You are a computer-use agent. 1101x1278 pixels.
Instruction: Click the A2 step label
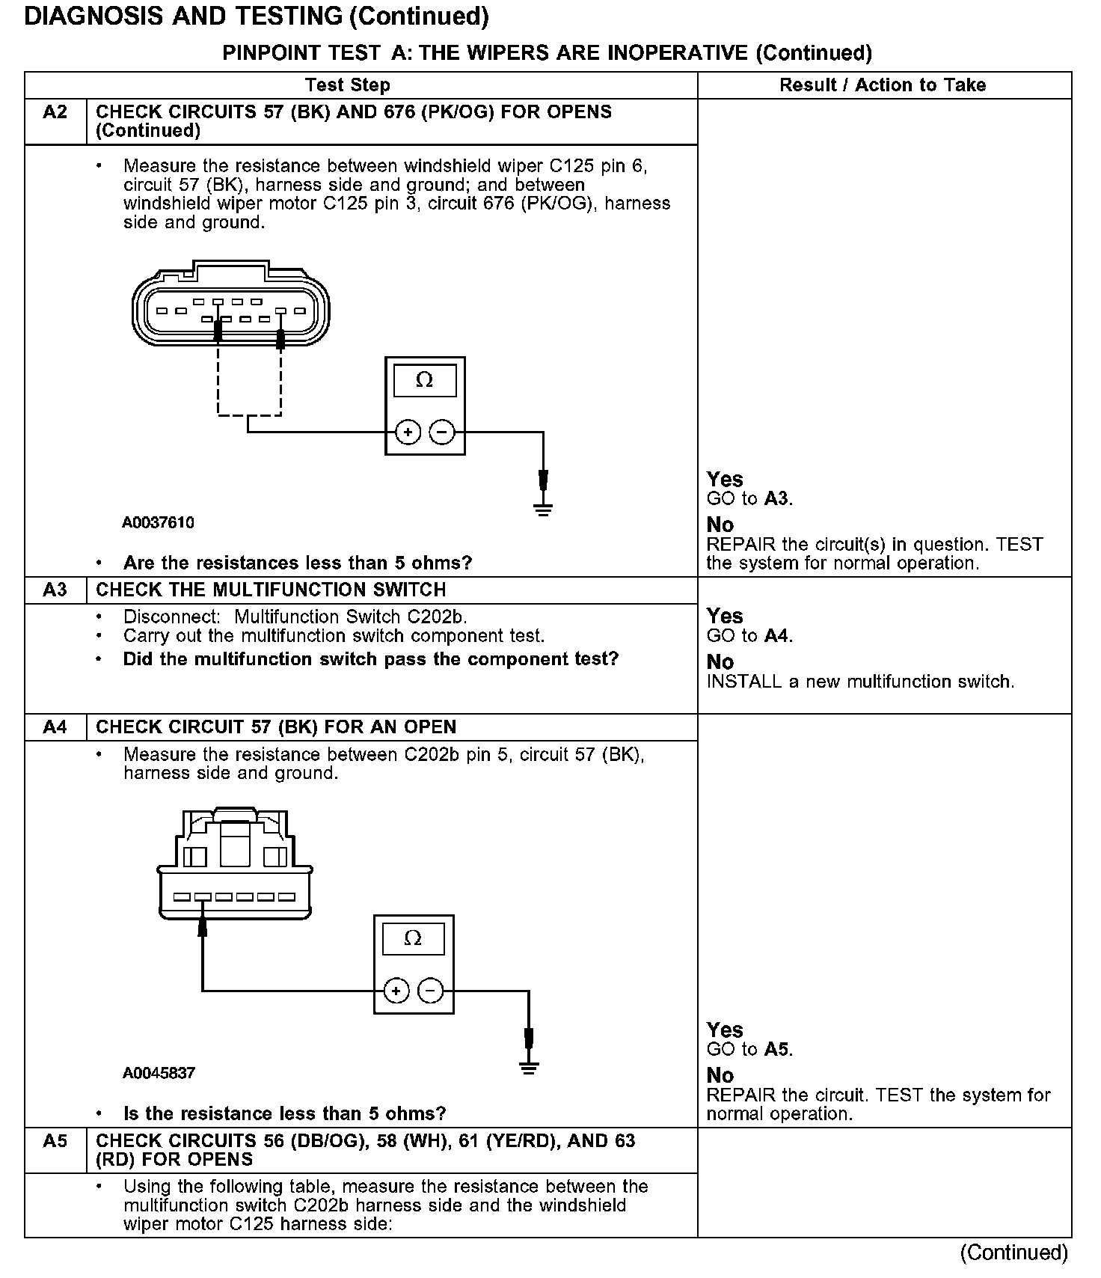(x=55, y=112)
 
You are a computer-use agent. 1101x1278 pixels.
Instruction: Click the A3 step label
(x=55, y=590)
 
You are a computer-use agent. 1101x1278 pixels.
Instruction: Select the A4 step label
(x=55, y=727)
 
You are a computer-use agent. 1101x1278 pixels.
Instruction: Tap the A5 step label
(x=55, y=1140)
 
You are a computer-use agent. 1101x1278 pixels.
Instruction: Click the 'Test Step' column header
(x=348, y=85)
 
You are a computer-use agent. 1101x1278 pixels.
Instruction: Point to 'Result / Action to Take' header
(x=883, y=85)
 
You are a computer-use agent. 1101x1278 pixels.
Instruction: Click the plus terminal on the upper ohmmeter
(x=408, y=432)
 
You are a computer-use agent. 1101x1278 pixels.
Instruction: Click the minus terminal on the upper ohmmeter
(x=442, y=432)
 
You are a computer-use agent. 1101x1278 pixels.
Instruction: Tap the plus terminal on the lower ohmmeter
(x=396, y=991)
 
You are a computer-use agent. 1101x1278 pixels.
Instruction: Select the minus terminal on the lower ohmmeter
(x=430, y=991)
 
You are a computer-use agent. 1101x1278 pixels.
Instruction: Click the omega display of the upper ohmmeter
(x=424, y=381)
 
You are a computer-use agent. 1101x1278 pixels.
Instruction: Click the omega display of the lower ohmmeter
(x=413, y=938)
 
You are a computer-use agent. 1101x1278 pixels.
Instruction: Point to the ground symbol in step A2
(x=543, y=510)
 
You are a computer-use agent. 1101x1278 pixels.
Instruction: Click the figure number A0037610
(x=158, y=522)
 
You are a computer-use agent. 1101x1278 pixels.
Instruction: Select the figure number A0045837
(x=159, y=1073)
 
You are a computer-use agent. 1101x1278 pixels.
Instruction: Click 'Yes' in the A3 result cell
(x=725, y=616)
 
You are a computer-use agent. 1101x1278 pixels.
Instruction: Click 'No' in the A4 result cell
(x=720, y=1075)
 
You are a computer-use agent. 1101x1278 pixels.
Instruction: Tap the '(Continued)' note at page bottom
(x=1013, y=1253)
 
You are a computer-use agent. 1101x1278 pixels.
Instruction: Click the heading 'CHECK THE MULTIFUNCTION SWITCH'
(x=271, y=590)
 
